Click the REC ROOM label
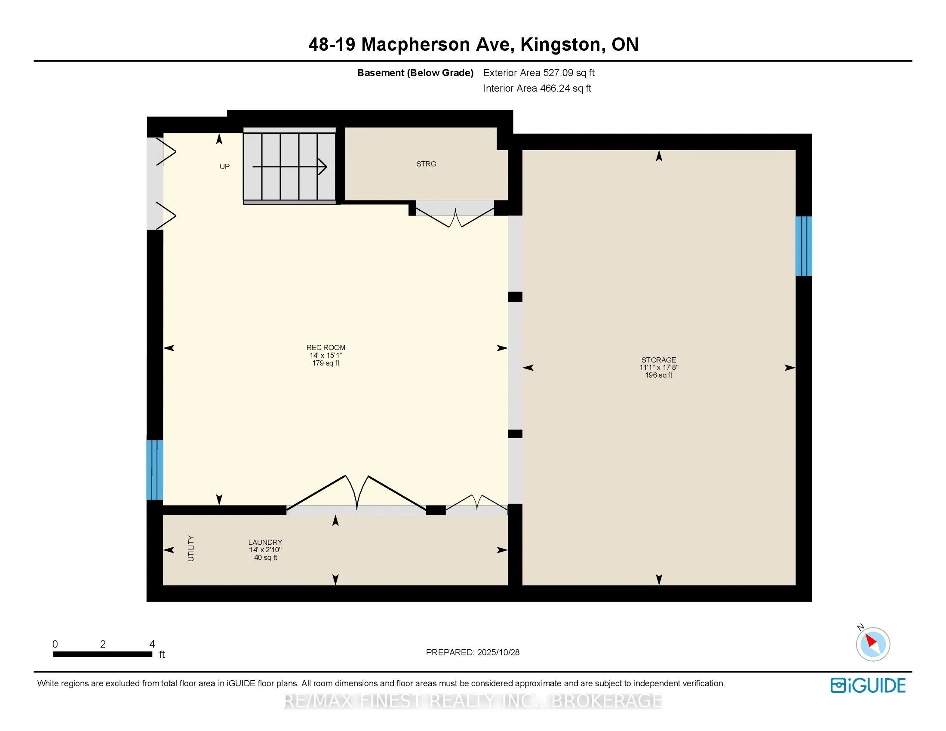point(326,347)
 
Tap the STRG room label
point(426,164)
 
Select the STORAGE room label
point(658,360)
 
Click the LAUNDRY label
point(265,542)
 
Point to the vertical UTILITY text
point(191,548)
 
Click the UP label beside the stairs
point(224,167)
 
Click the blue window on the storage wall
point(804,246)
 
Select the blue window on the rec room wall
point(155,470)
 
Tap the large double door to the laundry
point(356,494)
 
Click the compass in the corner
point(872,644)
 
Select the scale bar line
point(103,654)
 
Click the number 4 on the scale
point(152,644)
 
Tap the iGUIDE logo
point(868,685)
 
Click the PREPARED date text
point(473,652)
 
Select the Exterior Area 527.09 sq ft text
point(539,73)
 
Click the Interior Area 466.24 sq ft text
point(537,88)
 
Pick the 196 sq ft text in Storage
point(658,375)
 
